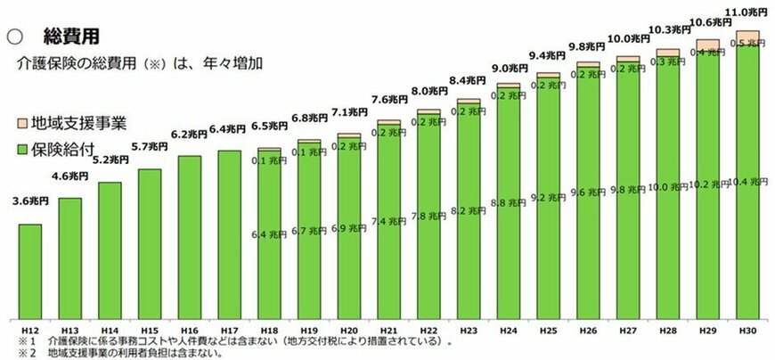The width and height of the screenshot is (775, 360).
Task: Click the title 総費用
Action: click(70, 37)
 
